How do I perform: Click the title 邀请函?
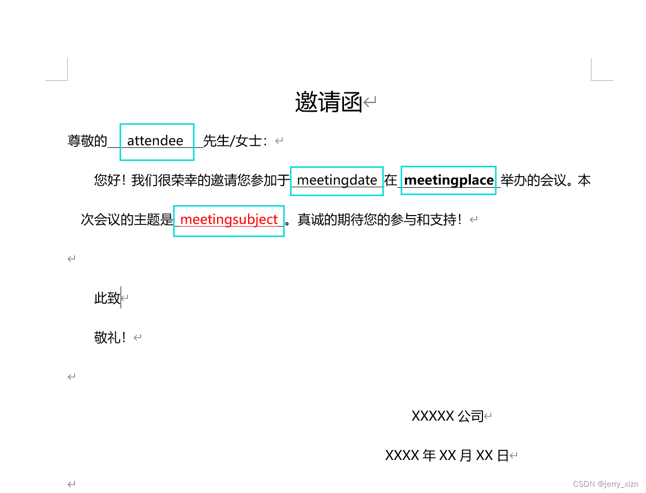click(329, 102)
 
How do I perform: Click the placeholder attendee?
click(155, 141)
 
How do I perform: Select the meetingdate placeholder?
click(337, 180)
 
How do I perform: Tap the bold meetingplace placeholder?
click(449, 180)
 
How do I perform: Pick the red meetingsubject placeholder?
click(229, 219)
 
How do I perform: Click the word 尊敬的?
click(87, 141)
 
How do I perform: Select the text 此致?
click(107, 298)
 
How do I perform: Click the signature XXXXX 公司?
click(447, 416)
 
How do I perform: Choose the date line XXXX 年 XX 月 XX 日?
click(447, 456)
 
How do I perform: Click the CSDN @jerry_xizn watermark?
click(606, 484)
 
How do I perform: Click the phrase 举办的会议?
click(533, 180)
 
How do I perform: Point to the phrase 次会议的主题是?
click(127, 219)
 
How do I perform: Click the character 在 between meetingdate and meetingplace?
click(391, 180)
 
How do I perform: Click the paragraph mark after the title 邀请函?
click(370, 102)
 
